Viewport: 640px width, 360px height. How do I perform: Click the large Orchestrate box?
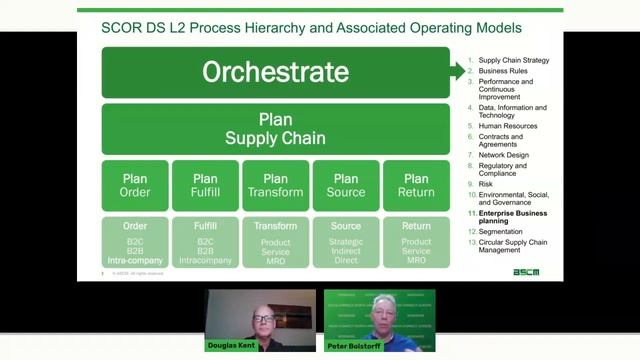coord(275,72)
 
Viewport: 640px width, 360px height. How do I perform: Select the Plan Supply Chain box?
coord(275,128)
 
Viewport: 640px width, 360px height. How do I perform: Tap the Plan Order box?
coord(135,185)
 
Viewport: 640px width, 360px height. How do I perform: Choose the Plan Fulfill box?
coord(205,185)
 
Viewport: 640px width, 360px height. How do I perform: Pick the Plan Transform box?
coord(275,185)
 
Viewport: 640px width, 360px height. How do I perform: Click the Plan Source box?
coord(346,185)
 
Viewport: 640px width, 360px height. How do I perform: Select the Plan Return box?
coord(416,185)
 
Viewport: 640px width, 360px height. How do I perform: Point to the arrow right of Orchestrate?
coord(458,71)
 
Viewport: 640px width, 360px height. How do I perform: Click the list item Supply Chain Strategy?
coord(513,61)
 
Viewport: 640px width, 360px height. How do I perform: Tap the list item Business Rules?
coord(504,71)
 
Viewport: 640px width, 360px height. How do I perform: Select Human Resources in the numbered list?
coord(508,126)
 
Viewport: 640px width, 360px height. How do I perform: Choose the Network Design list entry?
coord(504,155)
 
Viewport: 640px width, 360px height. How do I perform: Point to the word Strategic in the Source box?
coord(346,241)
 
